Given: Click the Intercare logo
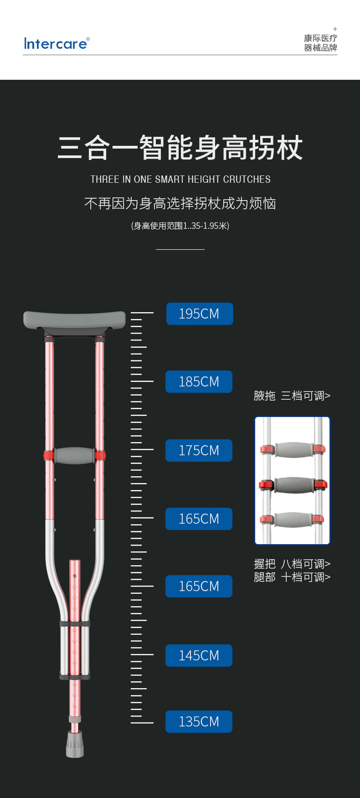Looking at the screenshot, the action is coord(57,44).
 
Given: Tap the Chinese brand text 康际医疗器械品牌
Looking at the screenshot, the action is coord(320,43).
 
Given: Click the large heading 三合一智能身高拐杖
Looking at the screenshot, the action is coord(180,148).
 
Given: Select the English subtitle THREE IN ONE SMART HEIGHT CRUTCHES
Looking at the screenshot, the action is coord(180,179).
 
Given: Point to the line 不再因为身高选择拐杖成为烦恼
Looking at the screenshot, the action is coord(180,203).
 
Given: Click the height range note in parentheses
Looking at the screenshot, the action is coord(180,226).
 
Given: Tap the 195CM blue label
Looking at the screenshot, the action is coord(200,314).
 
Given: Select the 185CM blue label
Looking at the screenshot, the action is coord(199,381).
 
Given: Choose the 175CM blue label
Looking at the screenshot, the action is coord(199,450).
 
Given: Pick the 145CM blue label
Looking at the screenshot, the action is coord(199,655).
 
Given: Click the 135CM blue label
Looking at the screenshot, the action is coord(199,721).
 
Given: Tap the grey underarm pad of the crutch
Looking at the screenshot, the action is coord(74,319).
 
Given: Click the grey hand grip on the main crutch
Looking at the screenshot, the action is coord(74,455).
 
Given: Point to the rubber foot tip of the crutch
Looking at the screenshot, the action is coord(75,744).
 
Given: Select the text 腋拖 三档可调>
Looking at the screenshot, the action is coord(292,396).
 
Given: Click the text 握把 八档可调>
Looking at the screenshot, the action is coord(292,564).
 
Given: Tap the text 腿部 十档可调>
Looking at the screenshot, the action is coord(292,577).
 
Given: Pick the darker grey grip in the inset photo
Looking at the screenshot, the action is coord(294,484).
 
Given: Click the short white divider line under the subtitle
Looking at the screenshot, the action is coord(180,249).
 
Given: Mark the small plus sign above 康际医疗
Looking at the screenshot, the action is coord(335,29).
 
